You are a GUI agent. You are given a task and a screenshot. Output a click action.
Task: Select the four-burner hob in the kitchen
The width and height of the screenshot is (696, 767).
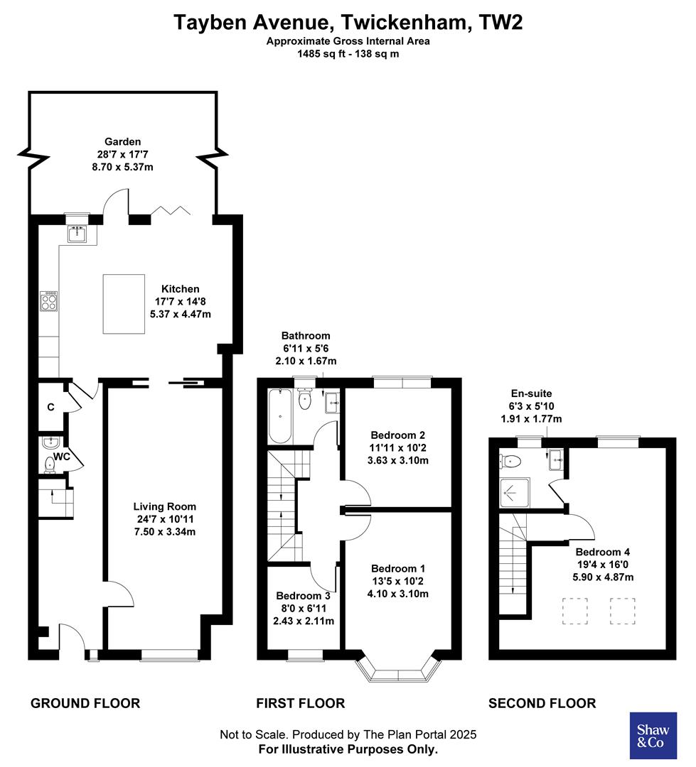(x=49, y=302)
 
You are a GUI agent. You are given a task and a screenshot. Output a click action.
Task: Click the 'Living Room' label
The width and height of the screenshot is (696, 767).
(x=165, y=506)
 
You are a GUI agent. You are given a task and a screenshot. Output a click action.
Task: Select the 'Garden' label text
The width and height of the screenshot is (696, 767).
(x=123, y=141)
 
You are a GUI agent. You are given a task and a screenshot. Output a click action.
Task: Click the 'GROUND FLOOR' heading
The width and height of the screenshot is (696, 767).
(x=85, y=703)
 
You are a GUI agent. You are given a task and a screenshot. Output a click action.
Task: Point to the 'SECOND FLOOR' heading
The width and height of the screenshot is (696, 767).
(x=542, y=703)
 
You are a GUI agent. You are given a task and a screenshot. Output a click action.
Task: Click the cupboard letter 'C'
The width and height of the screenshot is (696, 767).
(x=50, y=407)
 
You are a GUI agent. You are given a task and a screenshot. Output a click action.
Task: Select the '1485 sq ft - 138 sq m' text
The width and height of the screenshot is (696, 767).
(x=348, y=53)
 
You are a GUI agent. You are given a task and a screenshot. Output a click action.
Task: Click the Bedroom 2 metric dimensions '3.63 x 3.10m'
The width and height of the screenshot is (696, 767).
(x=398, y=460)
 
